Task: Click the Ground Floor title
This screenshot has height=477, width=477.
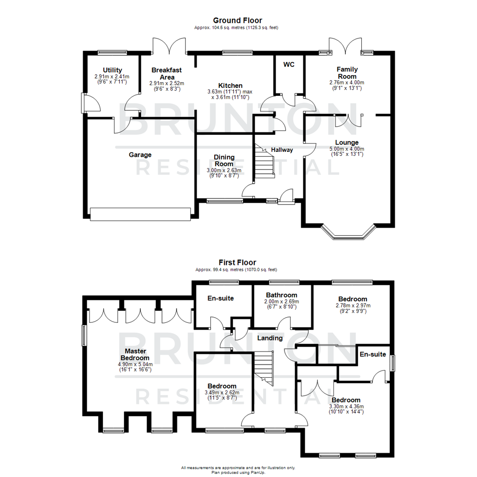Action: [238, 20]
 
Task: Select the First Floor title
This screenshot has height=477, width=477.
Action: [238, 262]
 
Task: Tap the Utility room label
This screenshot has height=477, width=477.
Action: [112, 70]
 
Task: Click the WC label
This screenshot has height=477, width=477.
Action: [289, 64]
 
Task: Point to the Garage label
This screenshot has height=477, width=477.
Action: [140, 155]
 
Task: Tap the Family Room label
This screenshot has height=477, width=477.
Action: [347, 73]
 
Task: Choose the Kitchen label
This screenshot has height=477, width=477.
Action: [230, 85]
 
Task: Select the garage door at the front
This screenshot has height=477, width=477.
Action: [140, 214]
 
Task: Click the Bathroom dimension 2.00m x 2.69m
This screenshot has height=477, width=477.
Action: [282, 304]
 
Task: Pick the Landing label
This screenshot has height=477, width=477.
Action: [270, 338]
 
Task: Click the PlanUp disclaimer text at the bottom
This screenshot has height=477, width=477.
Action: [238, 469]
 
